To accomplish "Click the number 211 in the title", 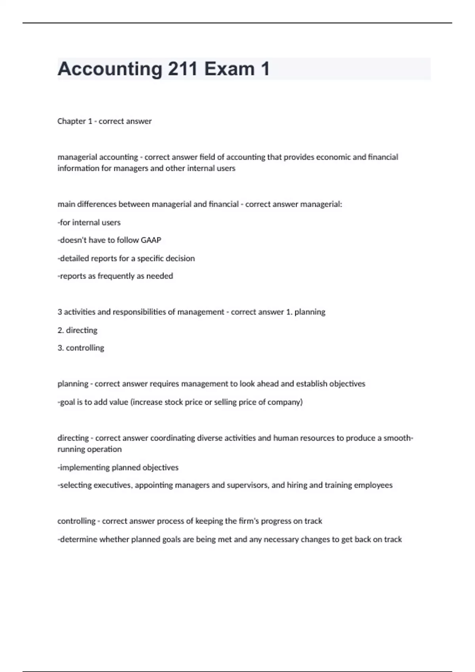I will coord(183,69).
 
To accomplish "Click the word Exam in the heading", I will coord(229,69).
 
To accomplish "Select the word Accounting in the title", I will coord(110,69).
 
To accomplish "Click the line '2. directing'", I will coord(77,330).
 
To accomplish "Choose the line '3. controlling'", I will coord(81,348).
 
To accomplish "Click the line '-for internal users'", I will coord(89,222).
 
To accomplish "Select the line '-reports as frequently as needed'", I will coord(115,276).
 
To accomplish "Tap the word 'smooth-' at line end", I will coord(398,438).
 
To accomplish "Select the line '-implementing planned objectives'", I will coord(118,467).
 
